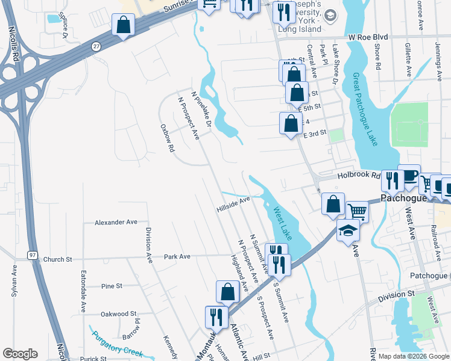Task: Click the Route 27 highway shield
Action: coord(96,46)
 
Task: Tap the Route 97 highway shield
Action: coord(31,255)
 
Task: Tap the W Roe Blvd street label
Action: coord(367,37)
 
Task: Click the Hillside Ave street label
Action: coord(233,204)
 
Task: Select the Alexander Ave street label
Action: coord(116,223)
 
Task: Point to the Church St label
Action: coord(57,259)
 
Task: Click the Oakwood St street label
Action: coord(118,313)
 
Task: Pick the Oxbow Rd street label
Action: coord(167,138)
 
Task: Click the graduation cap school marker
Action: coord(348,230)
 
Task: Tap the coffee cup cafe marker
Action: coord(409,174)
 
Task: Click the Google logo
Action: coord(20,354)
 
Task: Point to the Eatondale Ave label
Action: coord(83,291)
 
